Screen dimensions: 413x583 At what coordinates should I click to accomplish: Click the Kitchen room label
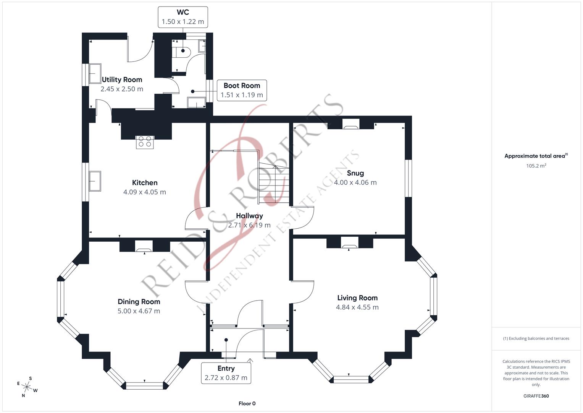(x=145, y=183)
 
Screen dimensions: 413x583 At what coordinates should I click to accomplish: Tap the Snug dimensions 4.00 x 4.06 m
(x=355, y=182)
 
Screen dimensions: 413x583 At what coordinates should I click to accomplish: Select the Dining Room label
(x=139, y=302)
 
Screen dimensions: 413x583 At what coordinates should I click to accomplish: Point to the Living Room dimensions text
(x=357, y=307)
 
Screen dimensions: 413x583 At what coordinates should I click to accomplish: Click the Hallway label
(x=249, y=216)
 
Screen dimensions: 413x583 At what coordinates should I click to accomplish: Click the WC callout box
(x=183, y=17)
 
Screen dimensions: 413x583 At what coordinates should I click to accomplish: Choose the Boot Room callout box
(x=242, y=90)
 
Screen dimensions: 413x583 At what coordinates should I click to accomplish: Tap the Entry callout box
(x=226, y=373)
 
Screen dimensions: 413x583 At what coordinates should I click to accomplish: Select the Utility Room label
(x=122, y=80)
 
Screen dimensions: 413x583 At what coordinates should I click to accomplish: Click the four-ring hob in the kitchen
(x=145, y=141)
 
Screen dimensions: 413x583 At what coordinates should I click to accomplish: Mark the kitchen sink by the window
(x=95, y=181)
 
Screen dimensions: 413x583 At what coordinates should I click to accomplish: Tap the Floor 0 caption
(x=247, y=403)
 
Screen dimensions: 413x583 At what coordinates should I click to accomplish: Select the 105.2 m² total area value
(x=536, y=166)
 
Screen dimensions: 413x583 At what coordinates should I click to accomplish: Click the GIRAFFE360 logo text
(x=536, y=396)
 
